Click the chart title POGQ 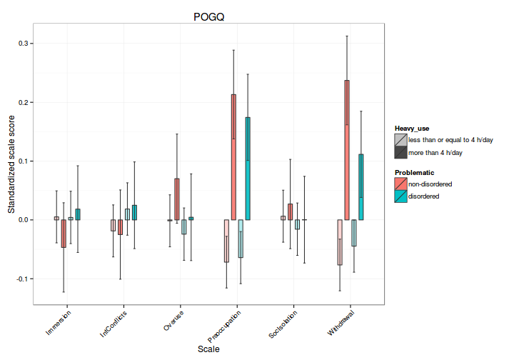tap(208, 16)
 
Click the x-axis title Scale tap(208, 349)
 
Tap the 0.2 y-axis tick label tap(23, 102)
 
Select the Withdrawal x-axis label tap(343, 324)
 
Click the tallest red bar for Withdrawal tap(347, 150)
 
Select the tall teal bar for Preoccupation tap(248, 169)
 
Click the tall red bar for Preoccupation tap(233, 157)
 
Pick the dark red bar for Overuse tap(176, 199)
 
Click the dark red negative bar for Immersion tap(64, 234)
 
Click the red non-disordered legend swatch tap(401, 184)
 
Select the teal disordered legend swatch tap(401, 196)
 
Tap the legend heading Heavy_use tap(413, 128)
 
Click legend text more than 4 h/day tap(435, 152)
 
